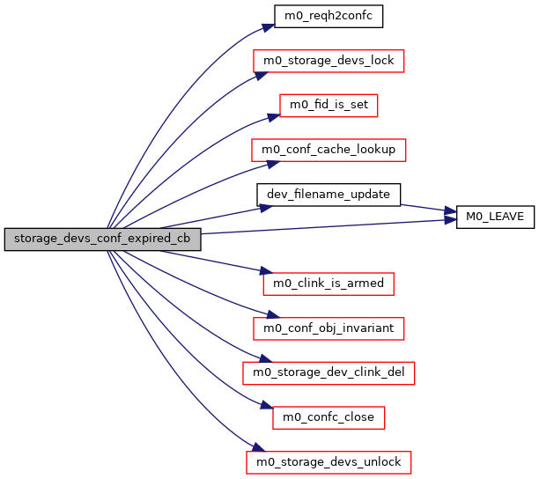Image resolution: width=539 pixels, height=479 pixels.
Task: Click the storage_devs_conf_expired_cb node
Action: pyautogui.click(x=102, y=239)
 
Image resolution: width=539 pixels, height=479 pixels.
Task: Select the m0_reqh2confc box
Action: pyautogui.click(x=329, y=16)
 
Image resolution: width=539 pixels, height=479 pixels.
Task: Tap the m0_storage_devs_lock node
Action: pyautogui.click(x=329, y=61)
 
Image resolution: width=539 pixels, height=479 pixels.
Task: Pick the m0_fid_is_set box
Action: pyautogui.click(x=329, y=106)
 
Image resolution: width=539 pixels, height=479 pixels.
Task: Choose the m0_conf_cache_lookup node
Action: pyautogui.click(x=329, y=150)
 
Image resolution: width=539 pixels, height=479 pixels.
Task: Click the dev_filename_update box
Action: pyautogui.click(x=329, y=194)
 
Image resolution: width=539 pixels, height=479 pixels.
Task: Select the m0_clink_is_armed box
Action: pyautogui.click(x=329, y=284)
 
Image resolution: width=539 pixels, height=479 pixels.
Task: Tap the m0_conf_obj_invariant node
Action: pyautogui.click(x=329, y=328)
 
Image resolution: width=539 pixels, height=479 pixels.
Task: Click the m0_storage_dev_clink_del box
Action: pyautogui.click(x=329, y=372)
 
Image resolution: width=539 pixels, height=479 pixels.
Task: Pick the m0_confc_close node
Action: pyautogui.click(x=329, y=416)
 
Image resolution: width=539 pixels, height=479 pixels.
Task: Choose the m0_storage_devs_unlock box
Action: pyautogui.click(x=329, y=461)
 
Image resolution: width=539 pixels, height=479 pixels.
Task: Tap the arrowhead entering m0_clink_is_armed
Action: pyautogui.click(x=257, y=273)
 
